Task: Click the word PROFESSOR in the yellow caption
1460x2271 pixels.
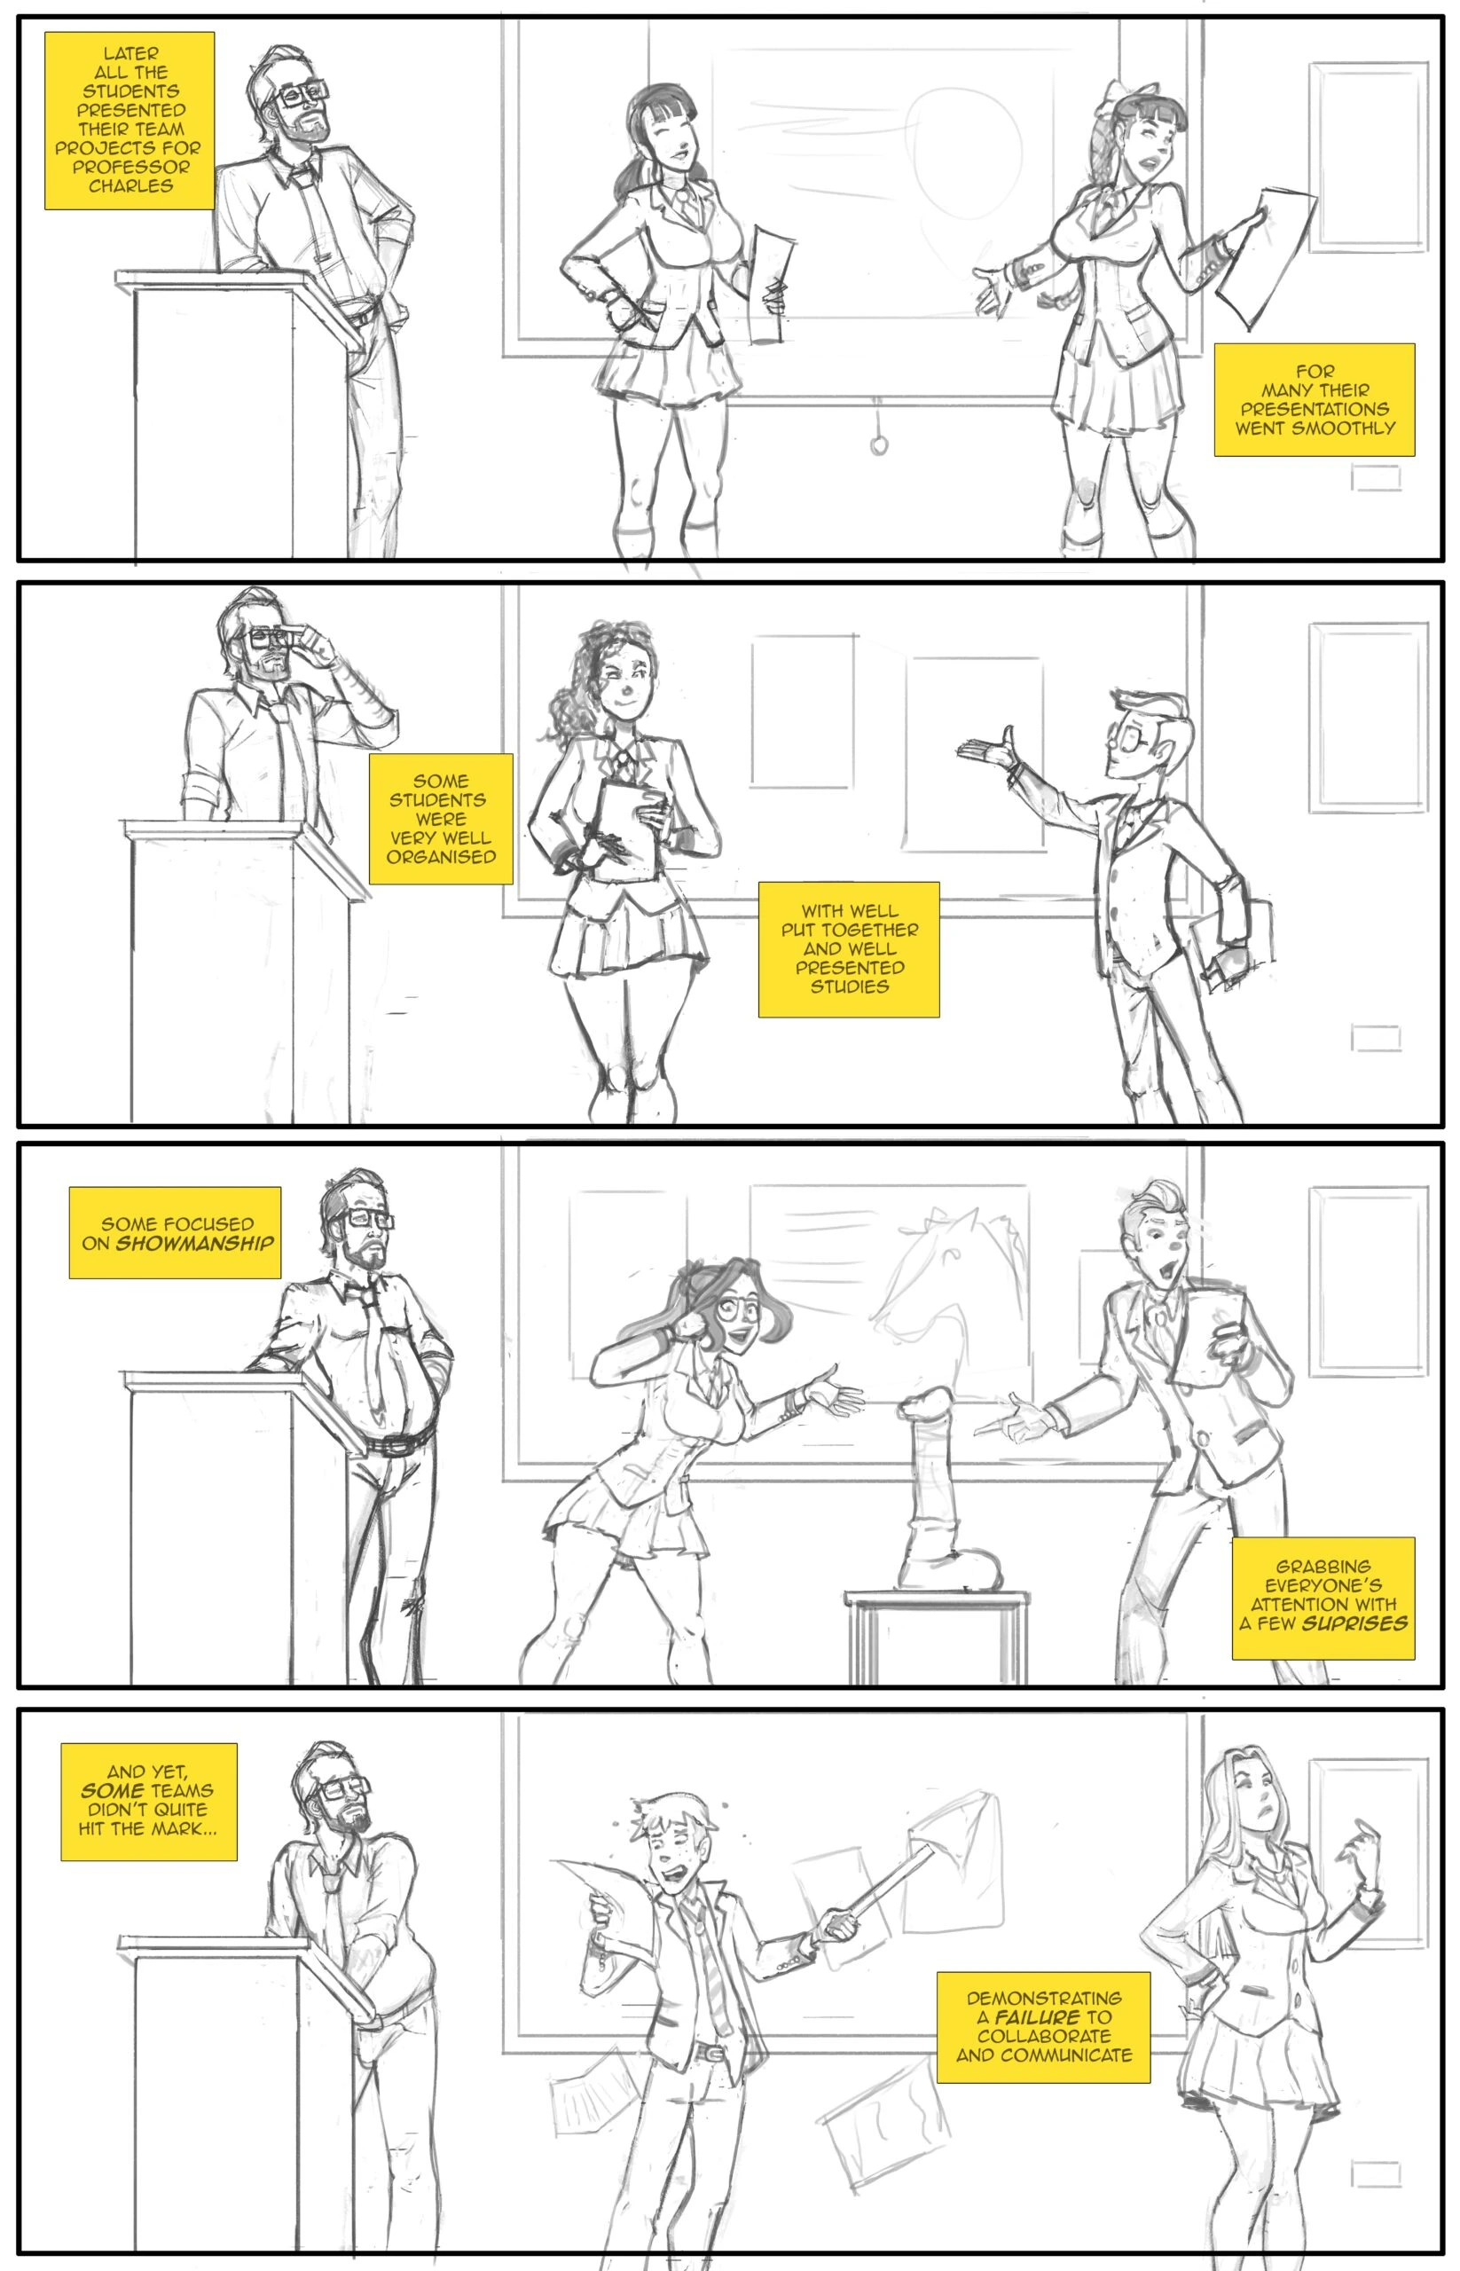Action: click(x=130, y=167)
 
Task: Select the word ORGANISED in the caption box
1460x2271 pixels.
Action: click(x=441, y=857)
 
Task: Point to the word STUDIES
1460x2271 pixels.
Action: click(x=850, y=987)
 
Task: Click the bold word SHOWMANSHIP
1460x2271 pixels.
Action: click(x=194, y=1243)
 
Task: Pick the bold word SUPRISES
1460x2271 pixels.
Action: click(x=1354, y=1623)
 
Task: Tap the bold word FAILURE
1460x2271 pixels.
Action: click(x=1037, y=2018)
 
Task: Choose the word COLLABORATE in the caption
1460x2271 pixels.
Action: click(x=1044, y=2037)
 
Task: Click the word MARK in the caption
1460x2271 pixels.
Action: click(x=177, y=1828)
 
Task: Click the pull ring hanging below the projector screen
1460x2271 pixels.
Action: click(x=879, y=444)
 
